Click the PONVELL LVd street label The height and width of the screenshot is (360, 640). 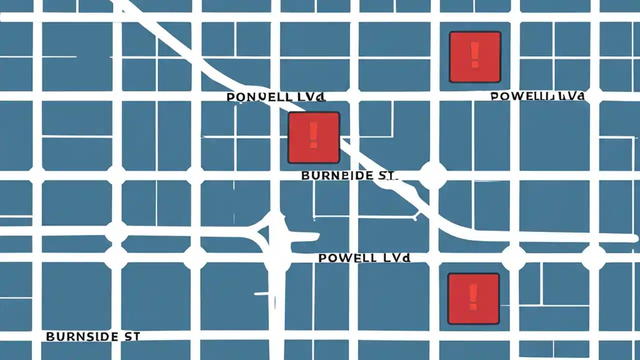point(276,96)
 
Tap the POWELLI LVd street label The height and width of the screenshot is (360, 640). point(538,96)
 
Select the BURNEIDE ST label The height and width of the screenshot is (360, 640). point(349,175)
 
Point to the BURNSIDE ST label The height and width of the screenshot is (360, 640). point(92,336)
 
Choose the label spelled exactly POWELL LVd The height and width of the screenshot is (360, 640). point(364,258)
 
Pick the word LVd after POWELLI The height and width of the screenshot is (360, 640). point(571,96)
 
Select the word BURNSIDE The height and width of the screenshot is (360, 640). point(80,336)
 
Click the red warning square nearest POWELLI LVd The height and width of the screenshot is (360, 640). point(474,56)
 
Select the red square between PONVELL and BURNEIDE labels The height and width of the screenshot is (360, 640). point(313,137)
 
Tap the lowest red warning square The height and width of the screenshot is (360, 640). point(473,298)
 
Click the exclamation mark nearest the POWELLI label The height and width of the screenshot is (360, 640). point(474,55)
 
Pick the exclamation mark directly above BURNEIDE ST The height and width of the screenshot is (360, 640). point(313,136)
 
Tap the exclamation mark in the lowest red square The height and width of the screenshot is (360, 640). point(473,297)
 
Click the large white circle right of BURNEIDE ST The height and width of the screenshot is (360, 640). point(432,175)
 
